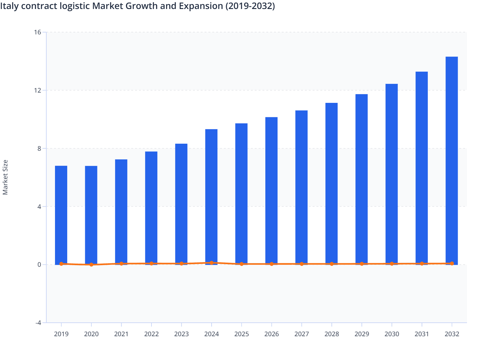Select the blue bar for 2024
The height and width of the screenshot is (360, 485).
pyautogui.click(x=211, y=196)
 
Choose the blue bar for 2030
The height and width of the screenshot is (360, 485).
pyautogui.click(x=391, y=174)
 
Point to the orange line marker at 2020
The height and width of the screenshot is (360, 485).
pyautogui.click(x=91, y=265)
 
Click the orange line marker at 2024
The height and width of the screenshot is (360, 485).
pyautogui.click(x=211, y=263)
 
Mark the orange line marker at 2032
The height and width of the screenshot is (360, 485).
pyautogui.click(x=452, y=264)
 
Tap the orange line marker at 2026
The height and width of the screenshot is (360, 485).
pyautogui.click(x=271, y=264)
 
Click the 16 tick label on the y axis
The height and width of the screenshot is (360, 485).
pyautogui.click(x=38, y=32)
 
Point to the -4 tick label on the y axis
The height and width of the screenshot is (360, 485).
pyautogui.click(x=38, y=323)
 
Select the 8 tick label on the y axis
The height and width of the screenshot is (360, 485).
pyautogui.click(x=39, y=148)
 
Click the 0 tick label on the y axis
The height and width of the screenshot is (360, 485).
pyautogui.click(x=39, y=265)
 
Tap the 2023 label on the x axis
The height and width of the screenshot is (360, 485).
pyautogui.click(x=181, y=334)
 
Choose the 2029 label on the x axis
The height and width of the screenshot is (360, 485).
pyautogui.click(x=361, y=334)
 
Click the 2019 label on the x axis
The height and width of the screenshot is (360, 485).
pyautogui.click(x=61, y=334)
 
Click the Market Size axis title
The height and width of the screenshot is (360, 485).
pyautogui.click(x=5, y=177)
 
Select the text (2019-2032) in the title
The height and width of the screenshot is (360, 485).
pyautogui.click(x=250, y=6)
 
